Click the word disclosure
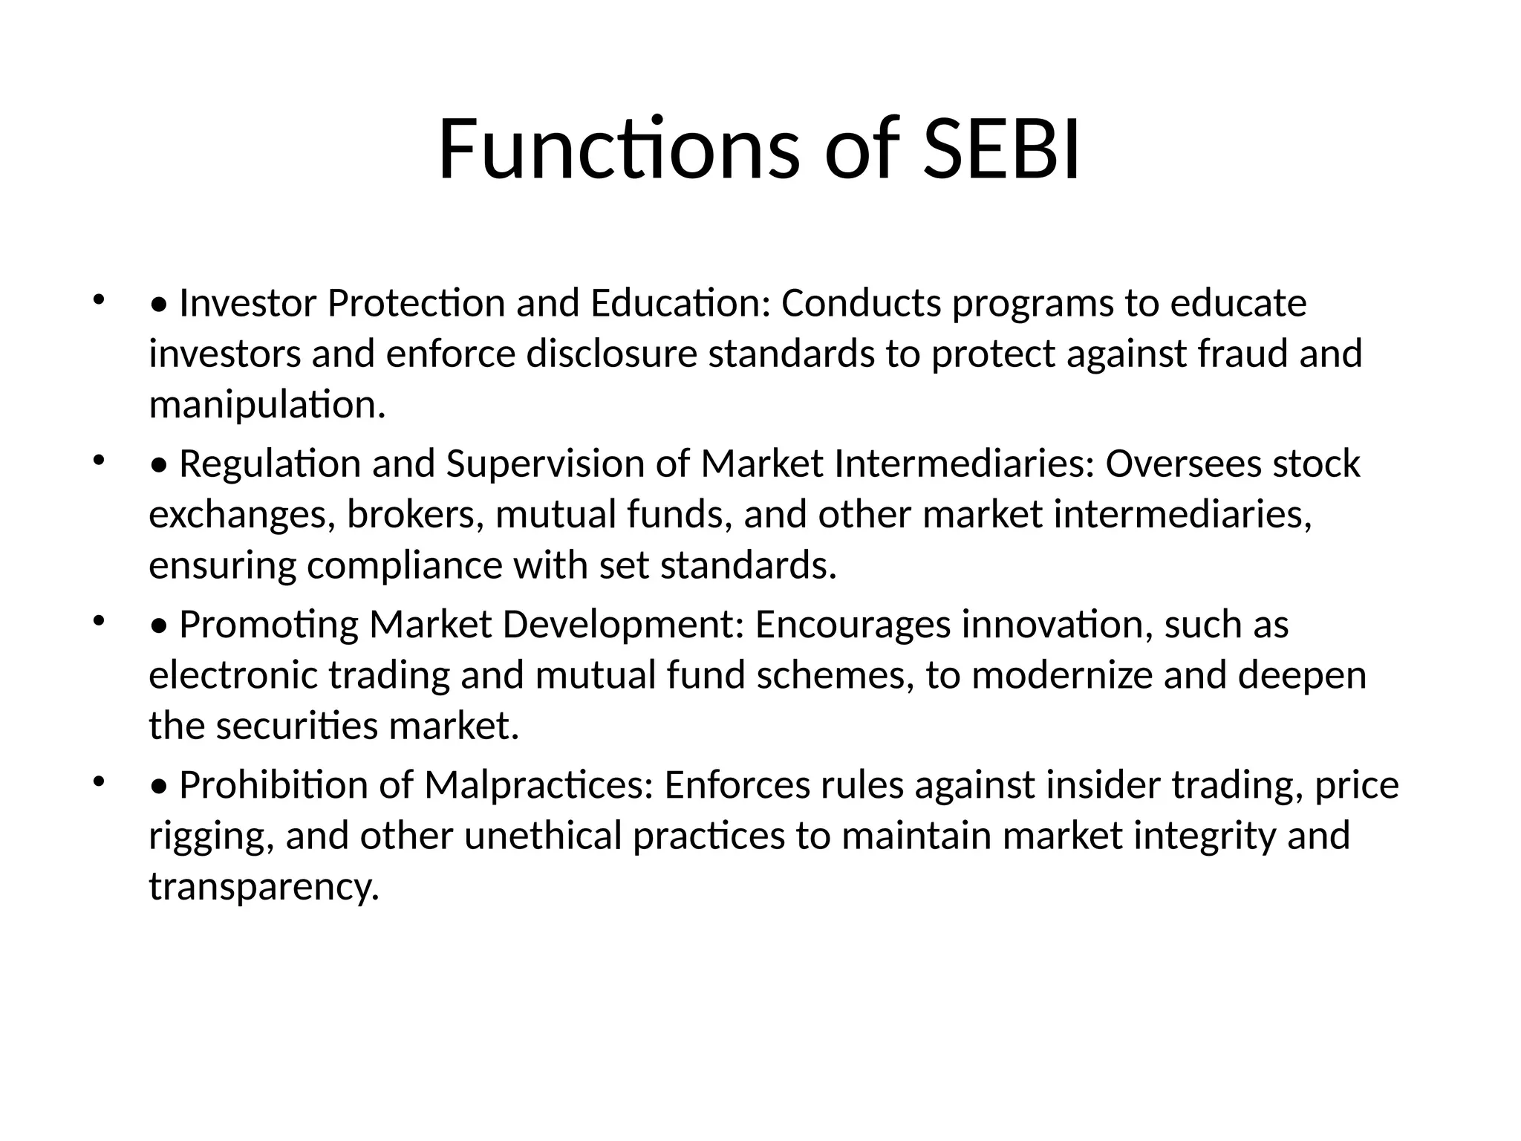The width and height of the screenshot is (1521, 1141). [612, 354]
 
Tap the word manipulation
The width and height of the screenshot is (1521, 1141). [267, 406]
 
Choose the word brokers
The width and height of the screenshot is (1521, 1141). [415, 515]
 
